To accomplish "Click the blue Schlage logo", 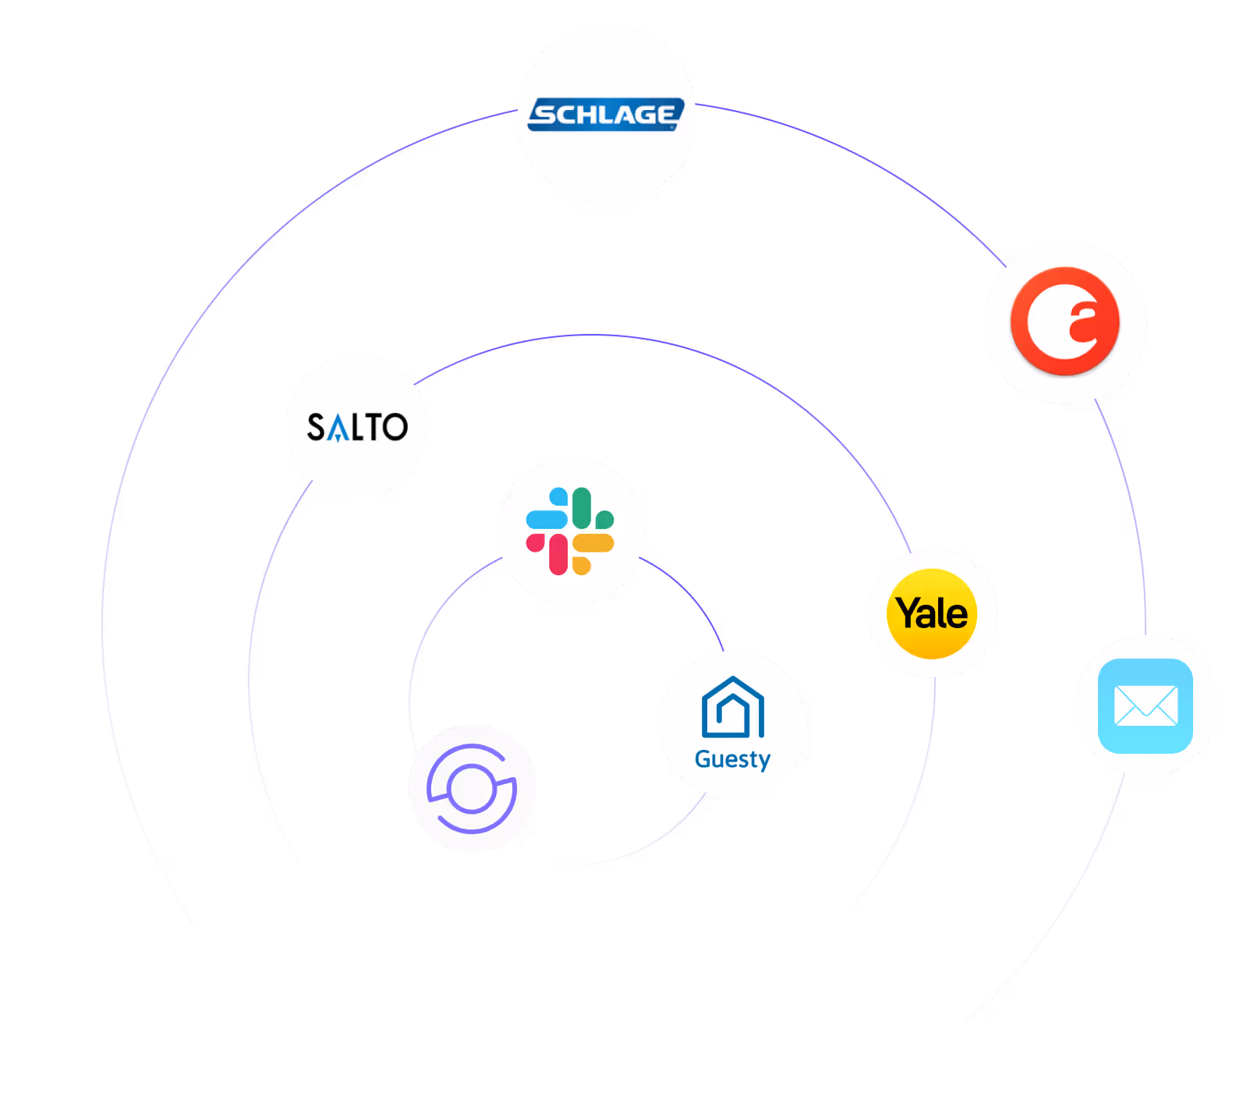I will point(606,114).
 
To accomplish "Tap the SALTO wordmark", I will point(357,427).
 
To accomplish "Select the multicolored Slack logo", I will point(570,531).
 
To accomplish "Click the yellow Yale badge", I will point(932,613).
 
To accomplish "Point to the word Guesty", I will point(732,759).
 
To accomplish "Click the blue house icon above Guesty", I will point(733,708).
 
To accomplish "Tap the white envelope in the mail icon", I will point(1146,705).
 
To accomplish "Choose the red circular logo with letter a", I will point(1064,321).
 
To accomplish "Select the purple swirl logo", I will point(472,788).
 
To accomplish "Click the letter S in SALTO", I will point(315,427).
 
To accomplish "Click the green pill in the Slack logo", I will point(582,508).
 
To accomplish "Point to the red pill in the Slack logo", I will point(558,554).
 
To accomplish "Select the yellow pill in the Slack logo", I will point(593,542).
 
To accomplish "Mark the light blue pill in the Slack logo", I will point(547,519).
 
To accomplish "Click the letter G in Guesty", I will point(703,758).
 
